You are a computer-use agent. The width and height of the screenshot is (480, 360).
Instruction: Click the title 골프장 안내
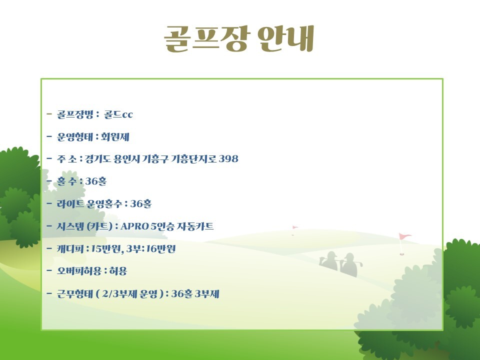[239, 38]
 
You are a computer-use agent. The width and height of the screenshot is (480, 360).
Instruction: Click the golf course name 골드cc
[118, 114]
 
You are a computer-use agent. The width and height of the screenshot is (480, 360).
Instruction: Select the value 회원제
[115, 137]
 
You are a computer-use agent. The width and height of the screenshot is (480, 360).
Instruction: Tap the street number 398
[228, 159]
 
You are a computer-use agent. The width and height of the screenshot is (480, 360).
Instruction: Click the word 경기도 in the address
[97, 159]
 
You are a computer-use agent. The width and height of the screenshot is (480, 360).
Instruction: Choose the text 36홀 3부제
[195, 293]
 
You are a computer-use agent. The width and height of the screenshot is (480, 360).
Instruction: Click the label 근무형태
[74, 293]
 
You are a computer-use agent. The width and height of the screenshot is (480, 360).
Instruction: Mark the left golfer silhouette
[328, 260]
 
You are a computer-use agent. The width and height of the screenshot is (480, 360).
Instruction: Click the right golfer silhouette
[350, 264]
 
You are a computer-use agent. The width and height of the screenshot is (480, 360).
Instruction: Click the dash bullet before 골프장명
[49, 114]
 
